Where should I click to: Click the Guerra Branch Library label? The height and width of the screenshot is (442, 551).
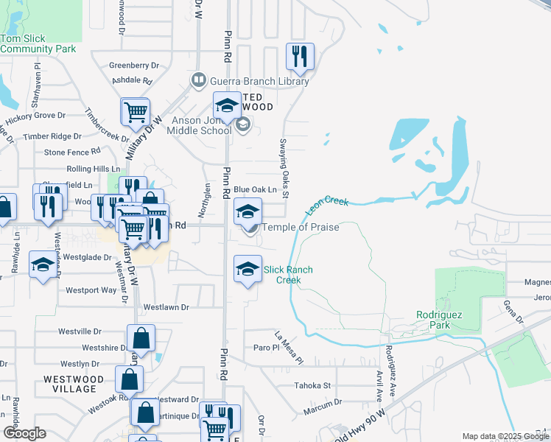click(x=259, y=81)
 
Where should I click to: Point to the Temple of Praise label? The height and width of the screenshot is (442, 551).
click(x=301, y=228)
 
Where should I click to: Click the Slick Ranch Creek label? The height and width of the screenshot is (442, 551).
click(x=289, y=275)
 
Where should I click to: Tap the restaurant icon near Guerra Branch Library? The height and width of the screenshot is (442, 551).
click(x=300, y=57)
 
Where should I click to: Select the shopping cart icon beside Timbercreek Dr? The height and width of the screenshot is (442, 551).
click(x=136, y=112)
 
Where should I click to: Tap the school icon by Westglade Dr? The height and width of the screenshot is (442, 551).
click(x=43, y=264)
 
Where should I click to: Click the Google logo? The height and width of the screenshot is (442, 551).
click(x=24, y=433)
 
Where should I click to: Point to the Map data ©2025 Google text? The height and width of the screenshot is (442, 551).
click(x=505, y=437)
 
